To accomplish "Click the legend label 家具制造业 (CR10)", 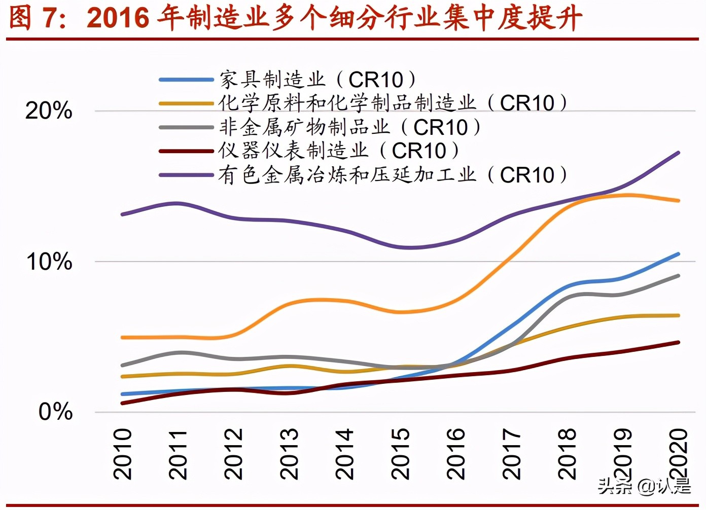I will tap(317, 80).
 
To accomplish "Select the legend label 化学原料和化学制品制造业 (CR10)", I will tap(393, 103).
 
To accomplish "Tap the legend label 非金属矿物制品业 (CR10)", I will tap(349, 127).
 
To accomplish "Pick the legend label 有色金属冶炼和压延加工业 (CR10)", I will tap(393, 175).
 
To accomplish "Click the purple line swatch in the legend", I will tap(186, 175).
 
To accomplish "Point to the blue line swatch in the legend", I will tap(186, 80).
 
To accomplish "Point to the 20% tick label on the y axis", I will tap(49, 111).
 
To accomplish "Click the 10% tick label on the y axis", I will tap(49, 262).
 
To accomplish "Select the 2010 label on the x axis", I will tap(123, 454).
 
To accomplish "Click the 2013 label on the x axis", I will tap(289, 454).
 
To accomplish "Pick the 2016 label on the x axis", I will tap(455, 454).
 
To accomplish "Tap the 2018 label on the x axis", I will tap(567, 454).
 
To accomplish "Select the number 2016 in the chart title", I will tap(118, 18).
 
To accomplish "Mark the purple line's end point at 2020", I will tap(678, 153).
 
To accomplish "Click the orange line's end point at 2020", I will tap(678, 201).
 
